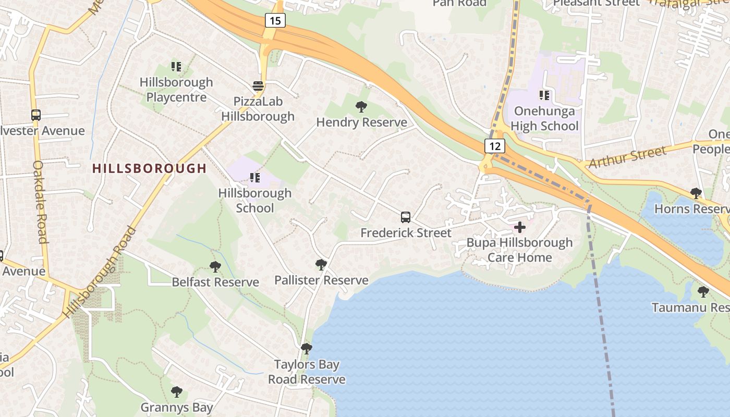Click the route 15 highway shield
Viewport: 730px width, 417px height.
pyautogui.click(x=275, y=21)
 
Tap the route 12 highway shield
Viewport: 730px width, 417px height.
pyautogui.click(x=495, y=146)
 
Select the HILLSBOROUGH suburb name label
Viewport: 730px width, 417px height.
pyautogui.click(x=150, y=168)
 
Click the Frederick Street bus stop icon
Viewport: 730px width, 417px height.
pyautogui.click(x=406, y=217)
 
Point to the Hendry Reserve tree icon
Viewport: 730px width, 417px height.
pyautogui.click(x=361, y=107)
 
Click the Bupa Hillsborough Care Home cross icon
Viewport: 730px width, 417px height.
pyautogui.click(x=520, y=227)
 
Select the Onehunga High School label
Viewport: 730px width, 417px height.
pyautogui.click(x=544, y=119)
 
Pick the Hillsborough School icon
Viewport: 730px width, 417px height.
pyautogui.click(x=255, y=178)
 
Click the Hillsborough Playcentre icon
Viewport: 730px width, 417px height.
pyautogui.click(x=176, y=67)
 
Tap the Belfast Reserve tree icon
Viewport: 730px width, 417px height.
pyautogui.click(x=215, y=267)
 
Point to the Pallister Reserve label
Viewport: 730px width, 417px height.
pyautogui.click(x=321, y=280)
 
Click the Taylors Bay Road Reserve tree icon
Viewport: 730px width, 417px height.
pyautogui.click(x=307, y=348)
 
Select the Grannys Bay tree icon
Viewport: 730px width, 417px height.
pyautogui.click(x=177, y=391)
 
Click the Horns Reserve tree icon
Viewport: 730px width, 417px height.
pyautogui.click(x=696, y=193)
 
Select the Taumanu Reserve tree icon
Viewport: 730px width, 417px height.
pyautogui.click(x=703, y=292)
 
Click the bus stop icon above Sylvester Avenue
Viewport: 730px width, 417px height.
pyautogui.click(x=35, y=115)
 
